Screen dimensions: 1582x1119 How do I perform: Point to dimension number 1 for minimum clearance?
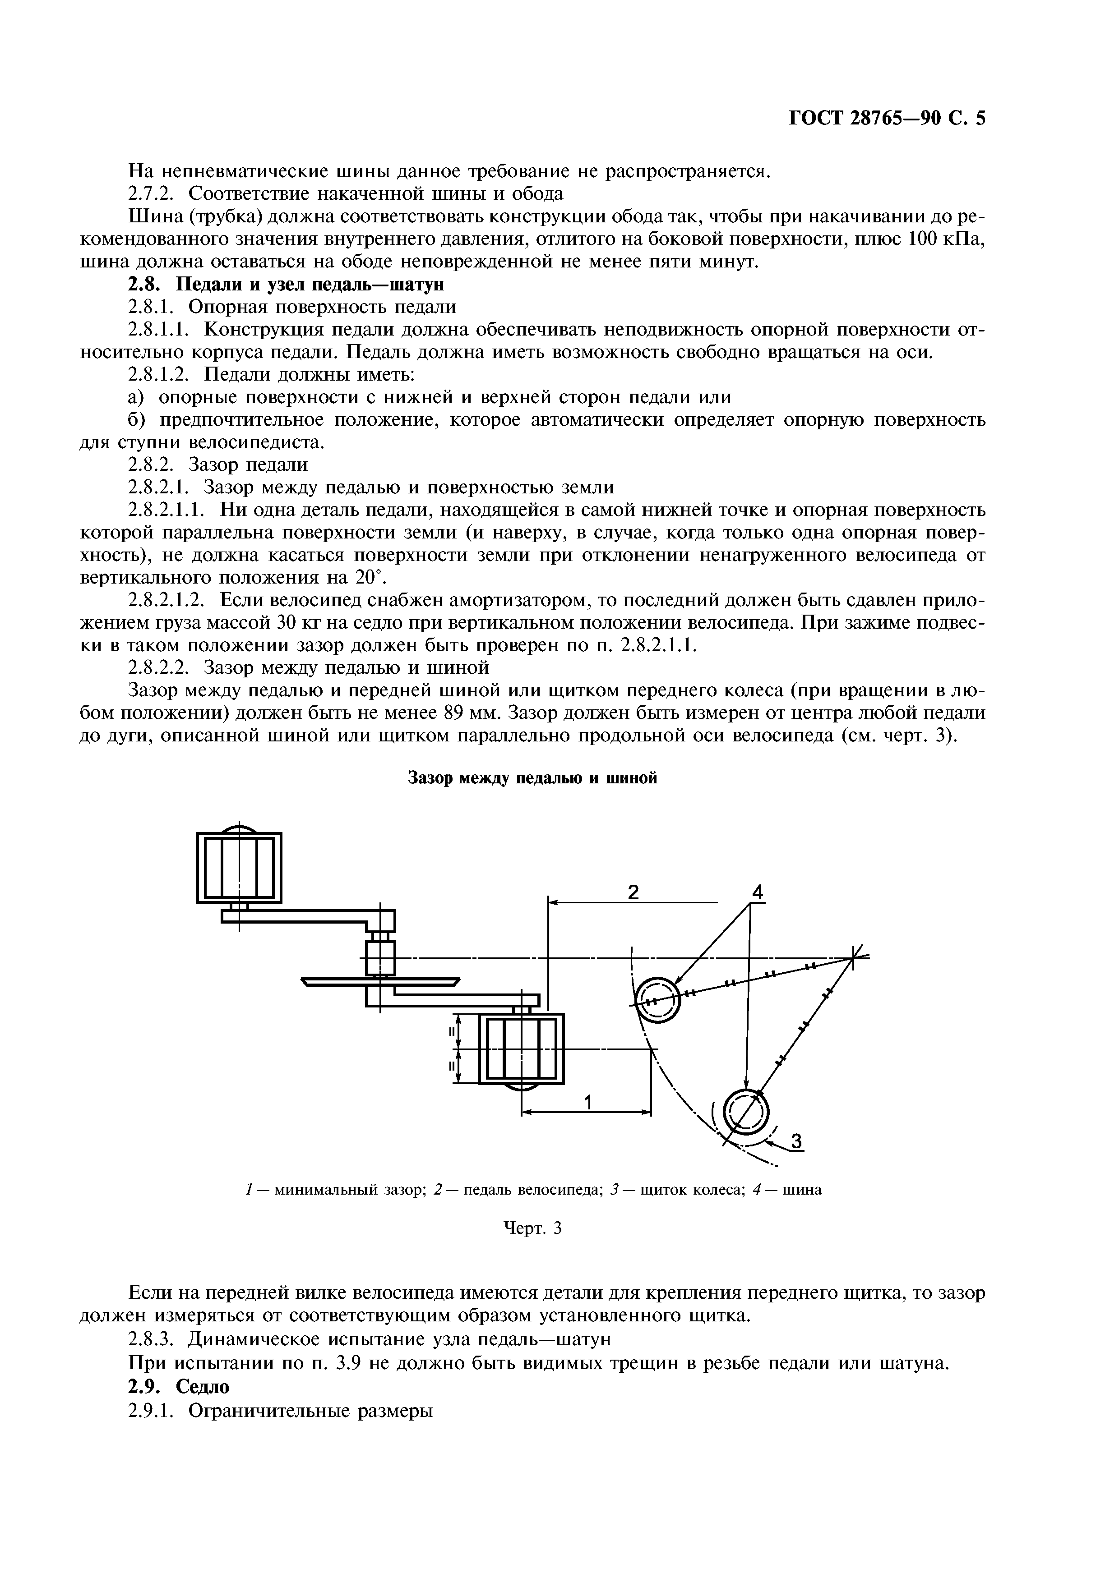coord(587,1103)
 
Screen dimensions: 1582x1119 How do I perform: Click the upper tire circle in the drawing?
coord(657,1000)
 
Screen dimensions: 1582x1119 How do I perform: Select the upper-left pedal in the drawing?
coord(239,868)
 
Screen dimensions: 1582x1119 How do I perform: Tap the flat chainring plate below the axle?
coord(380,982)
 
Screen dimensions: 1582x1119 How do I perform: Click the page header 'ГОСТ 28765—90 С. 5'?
coord(887,119)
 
